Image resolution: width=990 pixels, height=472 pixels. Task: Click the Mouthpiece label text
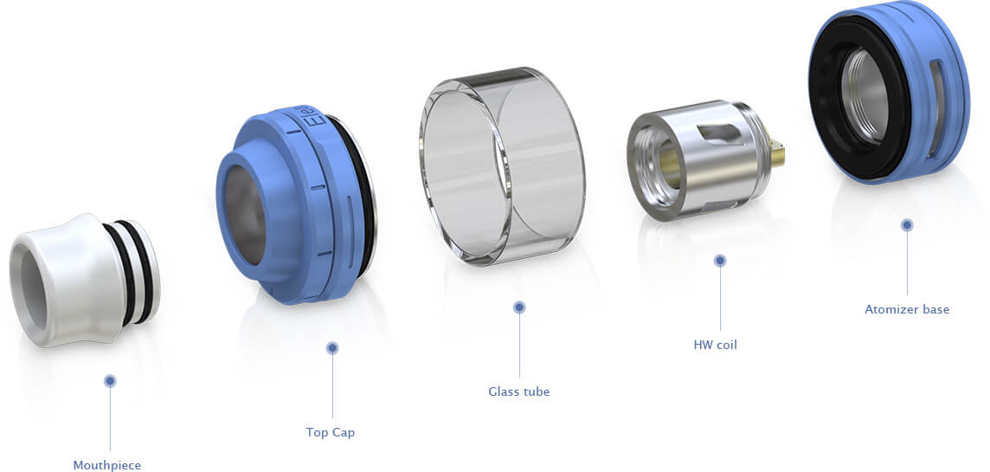pos(107,466)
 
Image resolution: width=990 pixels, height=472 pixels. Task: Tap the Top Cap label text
pos(331,433)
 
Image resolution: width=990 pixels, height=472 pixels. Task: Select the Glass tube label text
pos(519,391)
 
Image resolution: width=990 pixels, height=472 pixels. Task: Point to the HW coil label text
pos(715,345)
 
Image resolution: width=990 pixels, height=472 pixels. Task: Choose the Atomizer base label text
pos(907,309)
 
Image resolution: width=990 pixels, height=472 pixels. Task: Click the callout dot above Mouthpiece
pos(110,380)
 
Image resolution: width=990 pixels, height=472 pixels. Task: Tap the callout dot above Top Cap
pos(332,347)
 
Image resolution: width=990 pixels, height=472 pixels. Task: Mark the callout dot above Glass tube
pos(519,307)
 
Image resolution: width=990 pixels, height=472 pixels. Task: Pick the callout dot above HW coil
pos(720,261)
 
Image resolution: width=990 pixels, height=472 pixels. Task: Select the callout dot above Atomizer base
pos(907,224)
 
